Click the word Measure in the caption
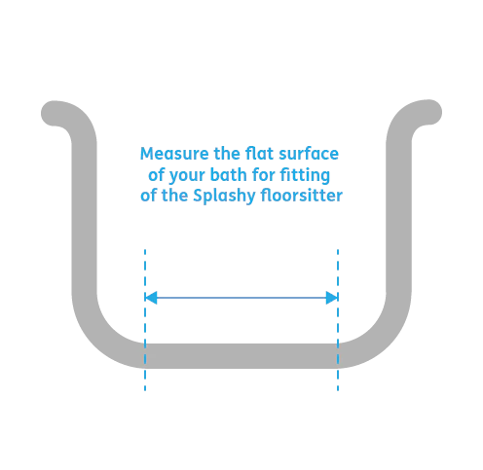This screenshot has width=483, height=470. coord(174,154)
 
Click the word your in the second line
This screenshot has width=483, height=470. coord(187,176)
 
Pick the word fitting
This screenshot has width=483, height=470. coord(305,175)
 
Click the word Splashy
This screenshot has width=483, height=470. coord(224,197)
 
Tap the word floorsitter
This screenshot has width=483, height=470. coord(301,196)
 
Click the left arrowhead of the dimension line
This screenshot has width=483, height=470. coord(151,298)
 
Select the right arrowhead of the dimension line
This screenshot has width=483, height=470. coord(332,298)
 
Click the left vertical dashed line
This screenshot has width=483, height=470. coord(145,320)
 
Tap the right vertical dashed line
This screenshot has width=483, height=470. coord(338,320)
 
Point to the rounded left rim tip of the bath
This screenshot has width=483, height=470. coord(54,113)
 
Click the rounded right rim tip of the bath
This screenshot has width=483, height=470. coord(429,112)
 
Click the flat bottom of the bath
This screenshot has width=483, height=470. coord(241,356)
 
